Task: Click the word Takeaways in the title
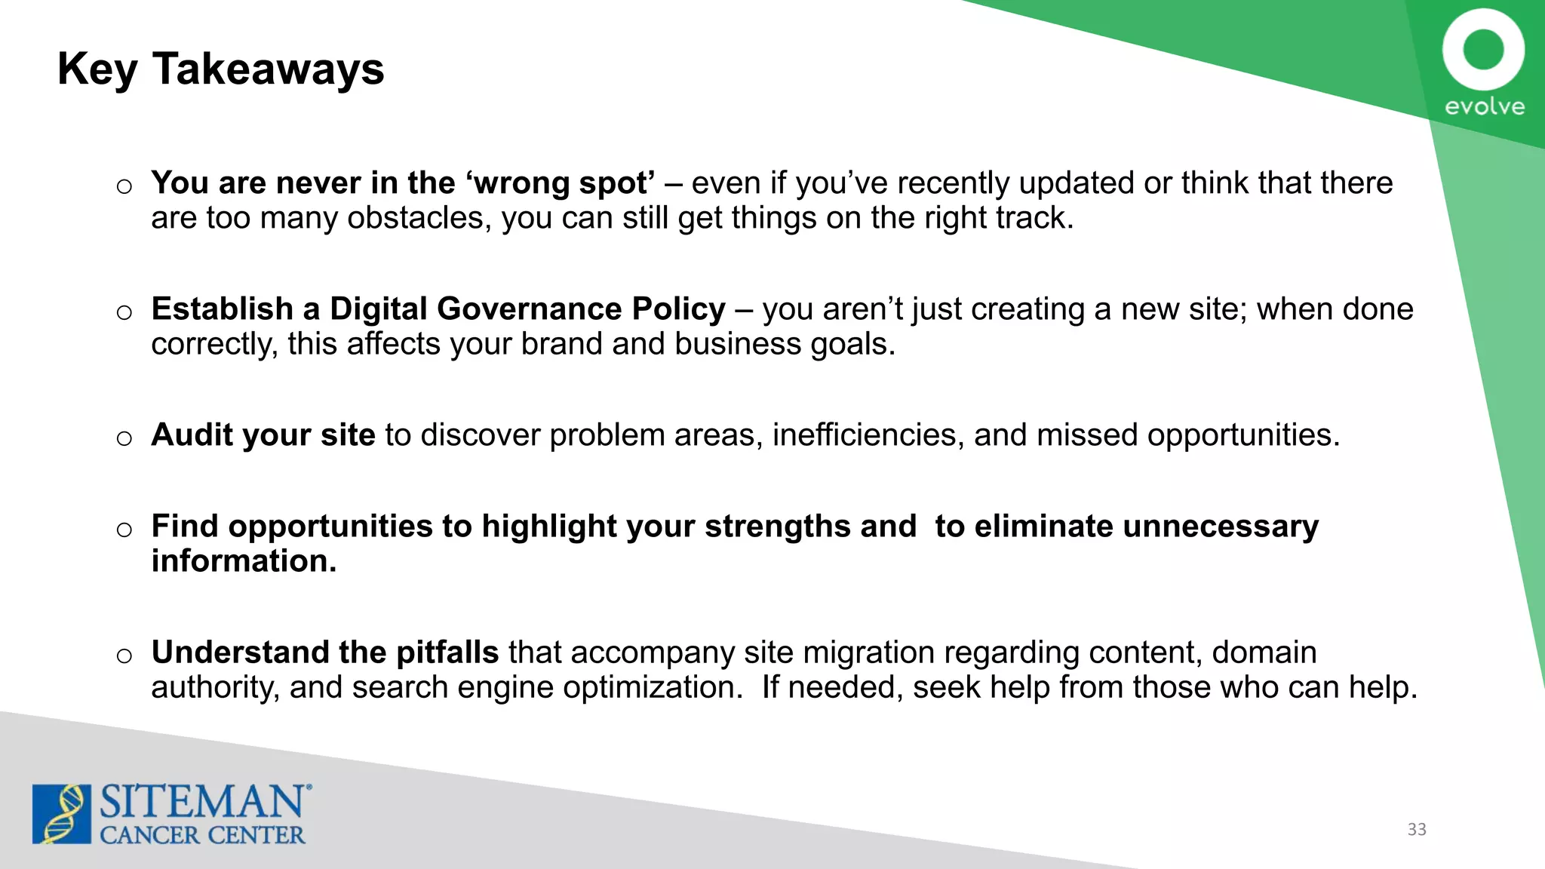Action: click(x=269, y=69)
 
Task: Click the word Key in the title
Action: click(x=97, y=70)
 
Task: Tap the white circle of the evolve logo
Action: click(x=1483, y=50)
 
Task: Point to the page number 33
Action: click(x=1417, y=829)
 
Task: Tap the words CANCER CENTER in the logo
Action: click(x=202, y=835)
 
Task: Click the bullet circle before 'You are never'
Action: click(x=124, y=186)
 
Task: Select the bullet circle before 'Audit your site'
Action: click(x=124, y=438)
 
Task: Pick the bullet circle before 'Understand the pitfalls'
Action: click(x=124, y=656)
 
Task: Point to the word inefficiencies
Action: click(x=868, y=435)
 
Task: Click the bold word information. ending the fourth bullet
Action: click(x=244, y=561)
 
